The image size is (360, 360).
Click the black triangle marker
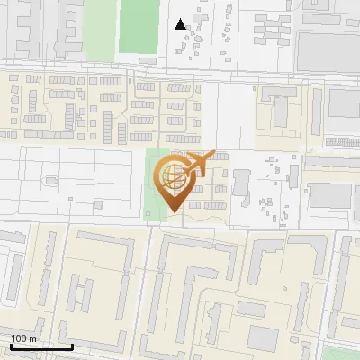(181, 24)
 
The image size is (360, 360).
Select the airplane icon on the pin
(198, 164)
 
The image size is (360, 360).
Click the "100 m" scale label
(23, 338)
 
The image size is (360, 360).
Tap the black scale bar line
(40, 346)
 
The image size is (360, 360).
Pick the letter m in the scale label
(31, 338)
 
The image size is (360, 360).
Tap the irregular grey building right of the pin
(242, 183)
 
